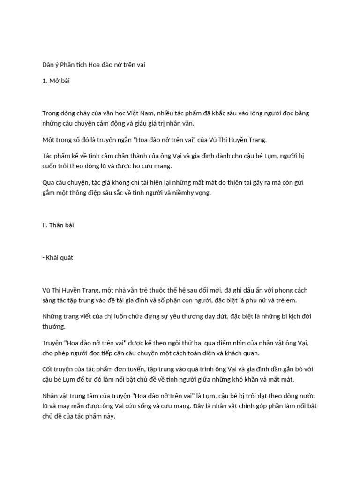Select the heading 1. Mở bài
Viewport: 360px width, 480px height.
(56, 81)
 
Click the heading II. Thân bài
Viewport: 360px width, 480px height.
(58, 225)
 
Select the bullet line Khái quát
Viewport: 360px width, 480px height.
(59, 257)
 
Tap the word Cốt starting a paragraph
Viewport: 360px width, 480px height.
(48, 369)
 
